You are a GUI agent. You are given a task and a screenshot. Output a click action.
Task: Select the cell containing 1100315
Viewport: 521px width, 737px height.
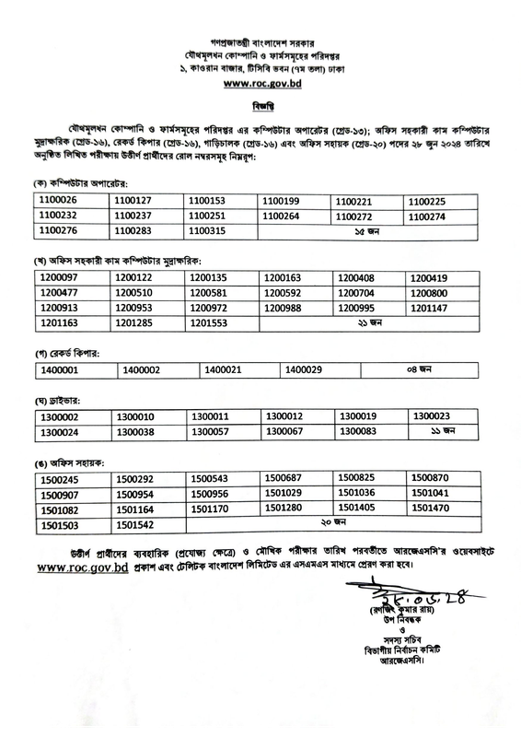(x=207, y=229)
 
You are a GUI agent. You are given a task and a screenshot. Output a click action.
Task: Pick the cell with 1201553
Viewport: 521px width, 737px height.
(x=207, y=322)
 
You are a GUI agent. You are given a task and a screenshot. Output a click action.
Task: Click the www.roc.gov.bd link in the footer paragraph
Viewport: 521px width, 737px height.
(x=82, y=568)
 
